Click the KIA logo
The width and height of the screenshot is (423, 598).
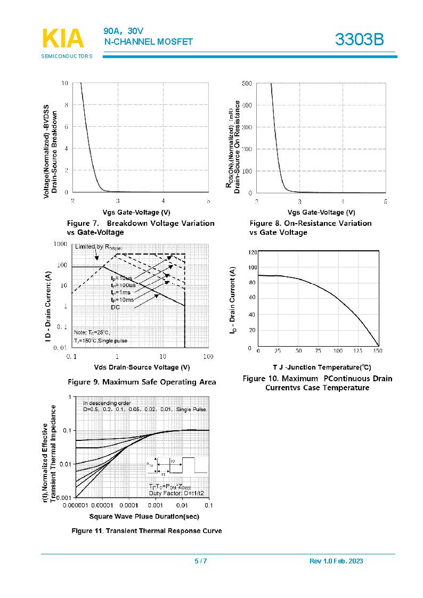click(62, 39)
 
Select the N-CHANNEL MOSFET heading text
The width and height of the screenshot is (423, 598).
click(149, 42)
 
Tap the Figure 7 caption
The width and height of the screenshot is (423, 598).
click(140, 227)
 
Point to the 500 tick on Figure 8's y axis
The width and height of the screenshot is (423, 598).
click(247, 84)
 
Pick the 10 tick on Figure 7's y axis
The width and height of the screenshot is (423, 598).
click(64, 83)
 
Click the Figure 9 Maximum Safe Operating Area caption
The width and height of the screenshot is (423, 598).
click(142, 382)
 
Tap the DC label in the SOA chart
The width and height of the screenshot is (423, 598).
click(116, 307)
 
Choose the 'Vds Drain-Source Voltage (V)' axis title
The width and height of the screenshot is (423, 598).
click(142, 367)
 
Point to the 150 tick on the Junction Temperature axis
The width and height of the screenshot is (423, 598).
click(377, 351)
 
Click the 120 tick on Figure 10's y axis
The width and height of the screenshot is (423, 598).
click(253, 252)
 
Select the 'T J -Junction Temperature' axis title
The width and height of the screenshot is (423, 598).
click(322, 367)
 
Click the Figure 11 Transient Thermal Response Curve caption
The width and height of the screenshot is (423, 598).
click(147, 531)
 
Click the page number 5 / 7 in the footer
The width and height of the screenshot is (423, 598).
click(200, 561)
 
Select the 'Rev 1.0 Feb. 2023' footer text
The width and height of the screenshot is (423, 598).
click(336, 561)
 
